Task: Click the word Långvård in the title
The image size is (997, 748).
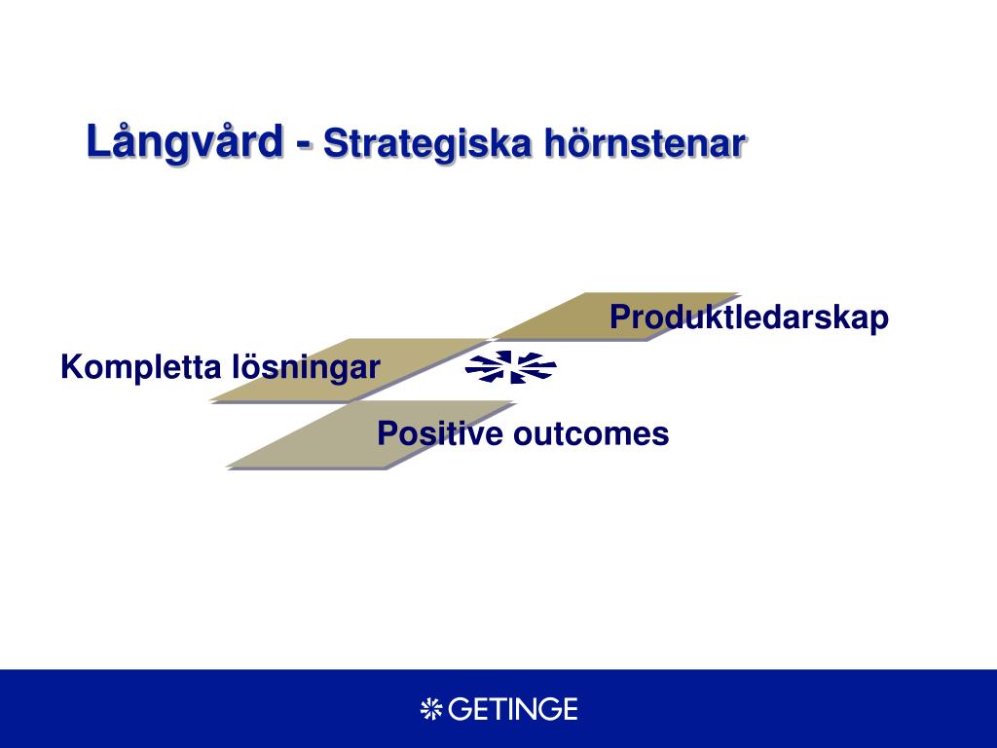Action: coord(184,142)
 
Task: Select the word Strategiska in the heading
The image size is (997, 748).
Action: coord(426,144)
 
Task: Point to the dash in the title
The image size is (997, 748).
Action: coord(304,146)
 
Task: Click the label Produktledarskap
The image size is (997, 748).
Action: coord(749,317)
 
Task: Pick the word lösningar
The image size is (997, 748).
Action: coord(306,367)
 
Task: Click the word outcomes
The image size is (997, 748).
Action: coord(591,434)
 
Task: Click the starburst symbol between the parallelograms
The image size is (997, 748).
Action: coord(510,367)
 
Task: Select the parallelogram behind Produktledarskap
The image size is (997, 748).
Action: coord(615,317)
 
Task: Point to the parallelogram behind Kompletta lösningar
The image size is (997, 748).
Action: coord(350,370)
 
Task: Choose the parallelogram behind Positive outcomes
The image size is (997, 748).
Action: coord(371,434)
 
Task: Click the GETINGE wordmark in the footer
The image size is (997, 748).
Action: coord(512,709)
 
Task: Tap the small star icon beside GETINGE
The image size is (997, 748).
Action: coord(431,709)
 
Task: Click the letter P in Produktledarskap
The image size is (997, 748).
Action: coord(620,317)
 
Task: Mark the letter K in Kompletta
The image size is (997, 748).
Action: coord(71,367)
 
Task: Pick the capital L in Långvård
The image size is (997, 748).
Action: coord(98,140)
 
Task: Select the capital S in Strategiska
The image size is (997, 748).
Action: coord(335,144)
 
